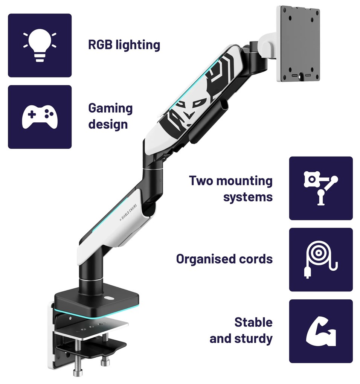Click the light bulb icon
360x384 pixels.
coord(40,45)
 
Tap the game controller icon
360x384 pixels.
coord(40,117)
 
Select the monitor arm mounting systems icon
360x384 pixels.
coord(321,188)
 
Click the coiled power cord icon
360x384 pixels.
coord(321,259)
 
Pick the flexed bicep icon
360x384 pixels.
coord(321,331)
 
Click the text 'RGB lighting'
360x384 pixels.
coord(124,45)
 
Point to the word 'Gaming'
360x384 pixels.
coord(110,108)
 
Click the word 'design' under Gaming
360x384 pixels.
coord(108,124)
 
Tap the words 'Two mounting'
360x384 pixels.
coord(231,181)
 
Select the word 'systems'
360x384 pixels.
coord(248,197)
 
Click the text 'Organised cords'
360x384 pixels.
coord(224,259)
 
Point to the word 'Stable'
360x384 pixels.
coord(253,322)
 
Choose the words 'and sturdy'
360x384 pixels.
coord(241,338)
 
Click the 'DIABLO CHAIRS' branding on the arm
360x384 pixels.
coord(128,212)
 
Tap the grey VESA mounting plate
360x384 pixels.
coord(298,44)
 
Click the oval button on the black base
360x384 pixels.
coord(109,298)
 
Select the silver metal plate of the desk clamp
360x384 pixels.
coord(91,330)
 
